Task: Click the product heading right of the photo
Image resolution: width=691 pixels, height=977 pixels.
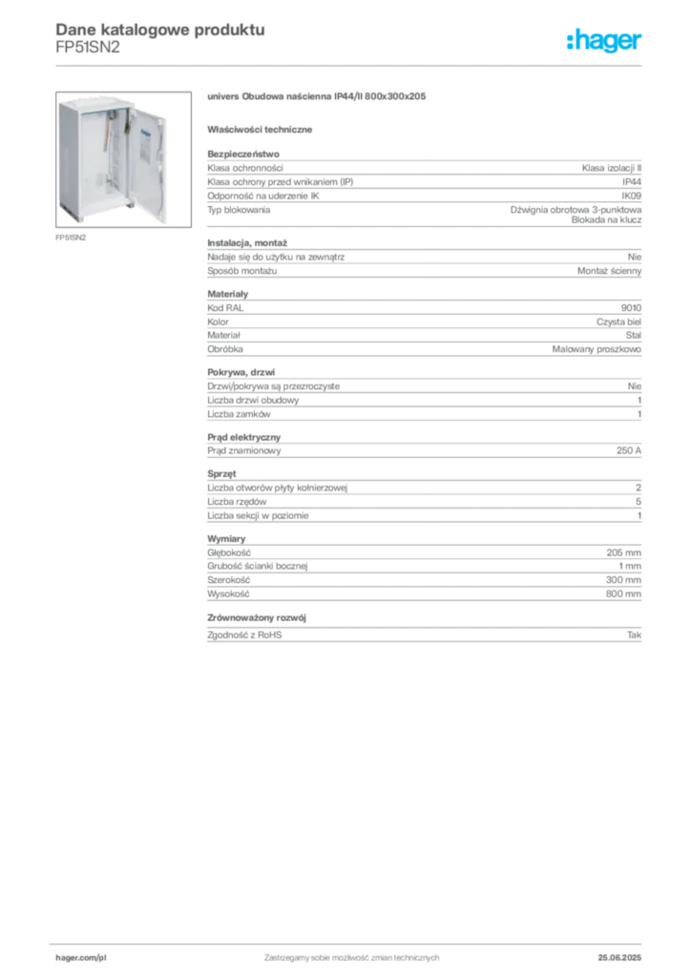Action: click(x=316, y=97)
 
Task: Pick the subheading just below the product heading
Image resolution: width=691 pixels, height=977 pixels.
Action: click(x=262, y=129)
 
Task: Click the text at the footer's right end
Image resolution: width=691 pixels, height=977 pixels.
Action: click(x=626, y=952)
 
